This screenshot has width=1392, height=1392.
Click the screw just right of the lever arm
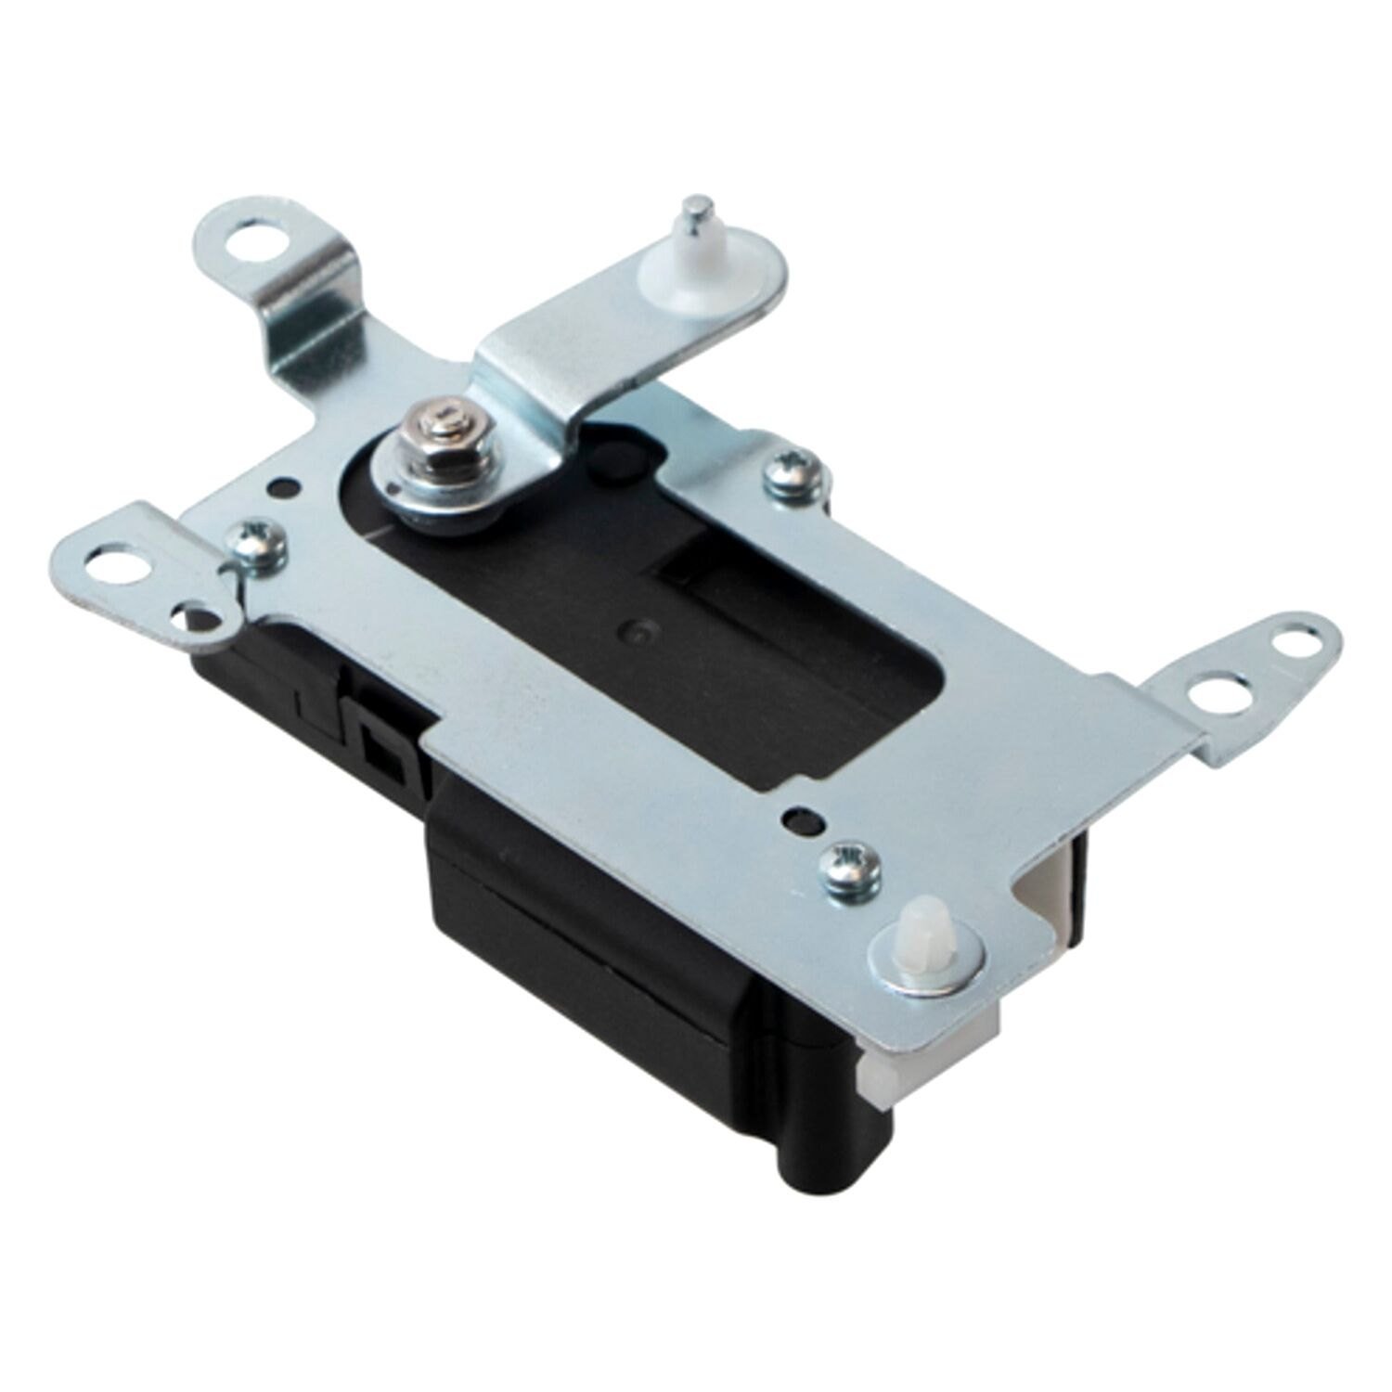[792, 474]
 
